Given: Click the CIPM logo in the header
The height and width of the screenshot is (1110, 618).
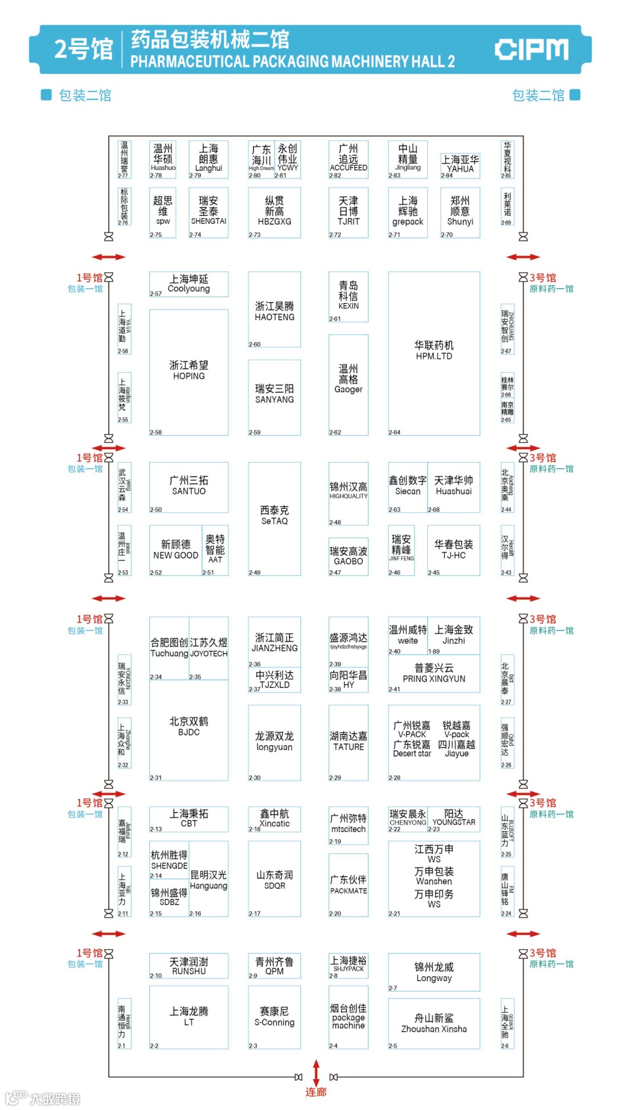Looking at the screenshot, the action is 532,50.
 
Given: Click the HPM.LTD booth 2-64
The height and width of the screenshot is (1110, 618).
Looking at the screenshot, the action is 434,353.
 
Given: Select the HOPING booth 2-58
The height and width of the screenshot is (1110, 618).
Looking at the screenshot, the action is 189,372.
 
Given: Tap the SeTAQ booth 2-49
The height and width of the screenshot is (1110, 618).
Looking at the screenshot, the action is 275,518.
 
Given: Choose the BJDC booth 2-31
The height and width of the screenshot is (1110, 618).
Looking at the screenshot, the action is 189,729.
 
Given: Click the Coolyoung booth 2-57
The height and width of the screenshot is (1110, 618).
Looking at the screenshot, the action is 189,284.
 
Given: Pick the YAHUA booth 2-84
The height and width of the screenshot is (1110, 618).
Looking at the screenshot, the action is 460,165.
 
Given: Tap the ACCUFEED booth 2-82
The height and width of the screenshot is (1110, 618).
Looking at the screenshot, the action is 348,160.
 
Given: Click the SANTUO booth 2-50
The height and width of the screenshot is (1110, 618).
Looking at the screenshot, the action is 189,487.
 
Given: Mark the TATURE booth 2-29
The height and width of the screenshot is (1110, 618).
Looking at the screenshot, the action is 348,742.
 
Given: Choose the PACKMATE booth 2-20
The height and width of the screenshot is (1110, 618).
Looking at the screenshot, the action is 348,885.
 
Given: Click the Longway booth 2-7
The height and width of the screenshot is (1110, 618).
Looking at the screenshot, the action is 434,972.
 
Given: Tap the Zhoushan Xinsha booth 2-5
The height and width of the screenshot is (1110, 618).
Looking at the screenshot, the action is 434,1024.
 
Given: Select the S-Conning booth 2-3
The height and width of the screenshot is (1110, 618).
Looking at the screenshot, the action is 275,1017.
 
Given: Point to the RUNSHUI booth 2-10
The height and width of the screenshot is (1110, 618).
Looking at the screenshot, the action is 189,966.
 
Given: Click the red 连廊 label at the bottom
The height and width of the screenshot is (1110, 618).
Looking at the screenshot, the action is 316,1092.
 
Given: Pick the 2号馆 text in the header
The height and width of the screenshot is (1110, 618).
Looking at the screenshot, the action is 84,50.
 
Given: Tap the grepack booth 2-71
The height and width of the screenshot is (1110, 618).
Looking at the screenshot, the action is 407,212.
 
